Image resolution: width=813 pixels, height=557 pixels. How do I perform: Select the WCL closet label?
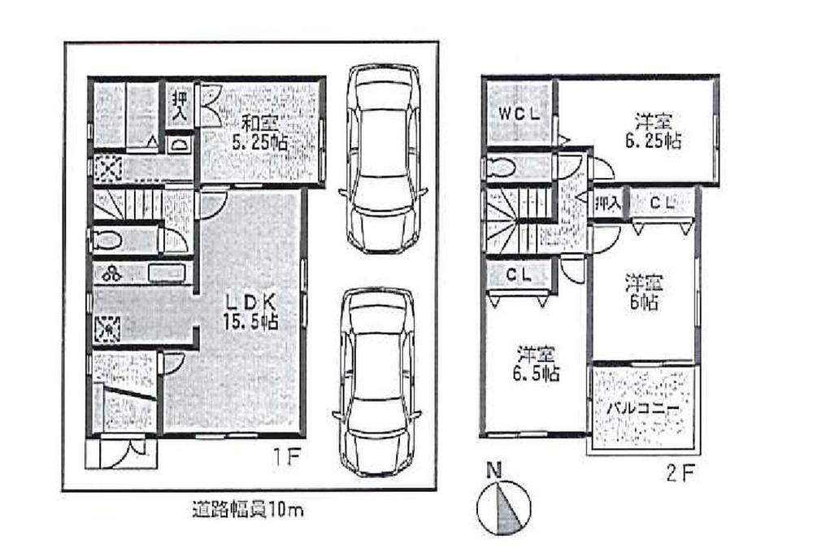519,114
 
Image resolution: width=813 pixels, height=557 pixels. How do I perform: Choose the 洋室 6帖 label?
644,293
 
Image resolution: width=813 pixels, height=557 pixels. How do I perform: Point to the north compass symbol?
502,504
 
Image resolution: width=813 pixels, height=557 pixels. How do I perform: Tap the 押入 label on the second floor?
607,204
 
